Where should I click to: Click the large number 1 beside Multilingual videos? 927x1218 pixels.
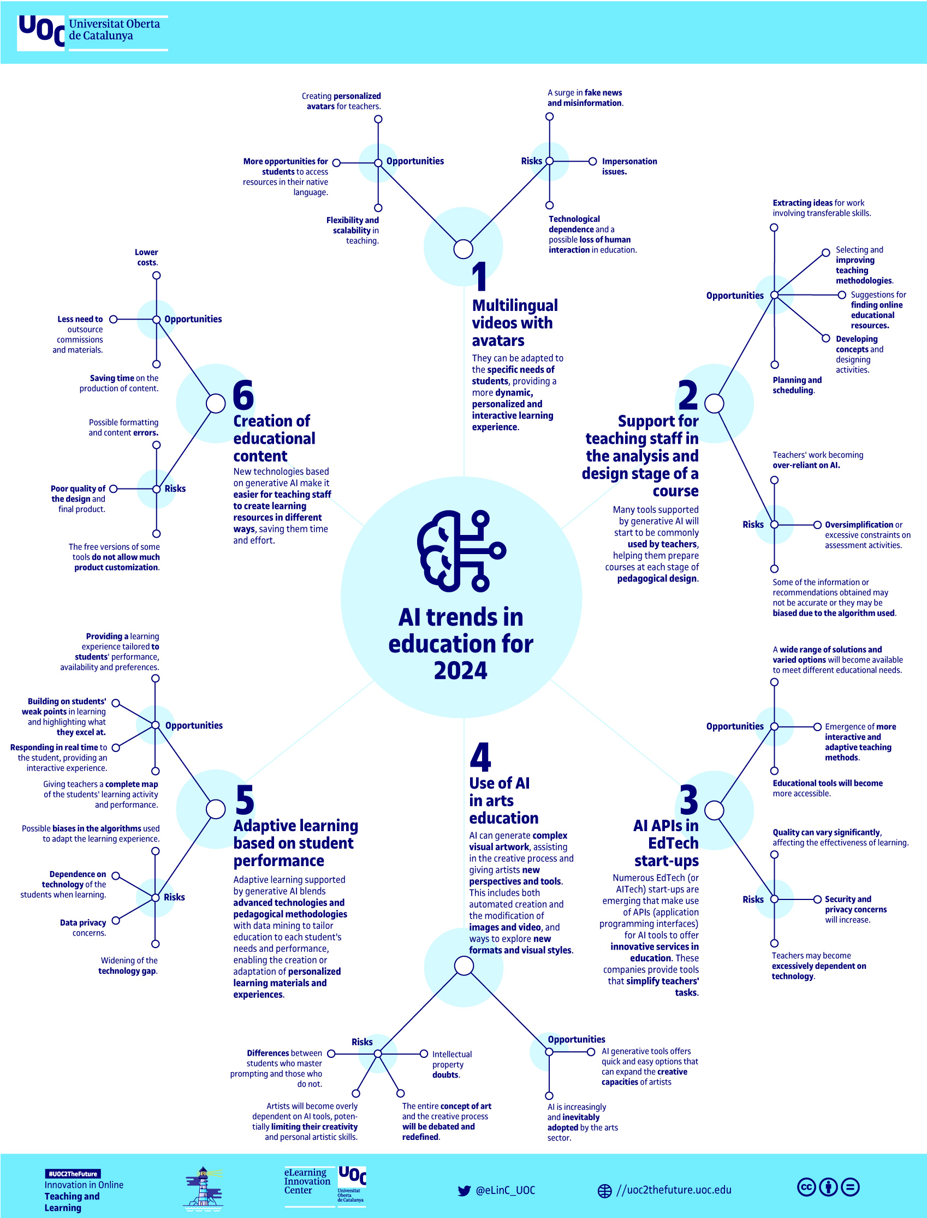pyautogui.click(x=479, y=277)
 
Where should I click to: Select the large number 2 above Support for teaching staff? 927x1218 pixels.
pyautogui.click(x=688, y=395)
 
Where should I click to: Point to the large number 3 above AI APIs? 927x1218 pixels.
pyautogui.click(x=688, y=800)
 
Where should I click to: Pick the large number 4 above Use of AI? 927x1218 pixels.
pyautogui.click(x=480, y=757)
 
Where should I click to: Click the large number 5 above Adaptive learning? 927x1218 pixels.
pyautogui.click(x=245, y=800)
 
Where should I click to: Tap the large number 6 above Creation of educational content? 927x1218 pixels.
pyautogui.click(x=243, y=395)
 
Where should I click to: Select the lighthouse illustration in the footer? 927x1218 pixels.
pyautogui.click(x=203, y=1188)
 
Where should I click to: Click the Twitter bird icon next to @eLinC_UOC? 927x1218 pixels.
pyautogui.click(x=464, y=1191)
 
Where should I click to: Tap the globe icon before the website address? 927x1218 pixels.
pyautogui.click(x=605, y=1191)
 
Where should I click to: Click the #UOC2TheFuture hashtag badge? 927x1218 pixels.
pyautogui.click(x=73, y=1174)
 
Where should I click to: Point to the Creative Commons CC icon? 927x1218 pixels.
pyautogui.click(x=806, y=1187)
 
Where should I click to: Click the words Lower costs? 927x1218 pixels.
pyautogui.click(x=147, y=257)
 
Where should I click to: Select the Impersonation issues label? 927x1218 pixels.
pyautogui.click(x=629, y=166)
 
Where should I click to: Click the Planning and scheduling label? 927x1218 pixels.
pyautogui.click(x=796, y=385)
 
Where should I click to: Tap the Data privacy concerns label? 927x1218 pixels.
pyautogui.click(x=84, y=928)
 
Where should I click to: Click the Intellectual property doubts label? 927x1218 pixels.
pyautogui.click(x=451, y=1064)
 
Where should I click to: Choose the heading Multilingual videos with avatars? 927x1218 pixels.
pyautogui.click(x=514, y=323)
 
